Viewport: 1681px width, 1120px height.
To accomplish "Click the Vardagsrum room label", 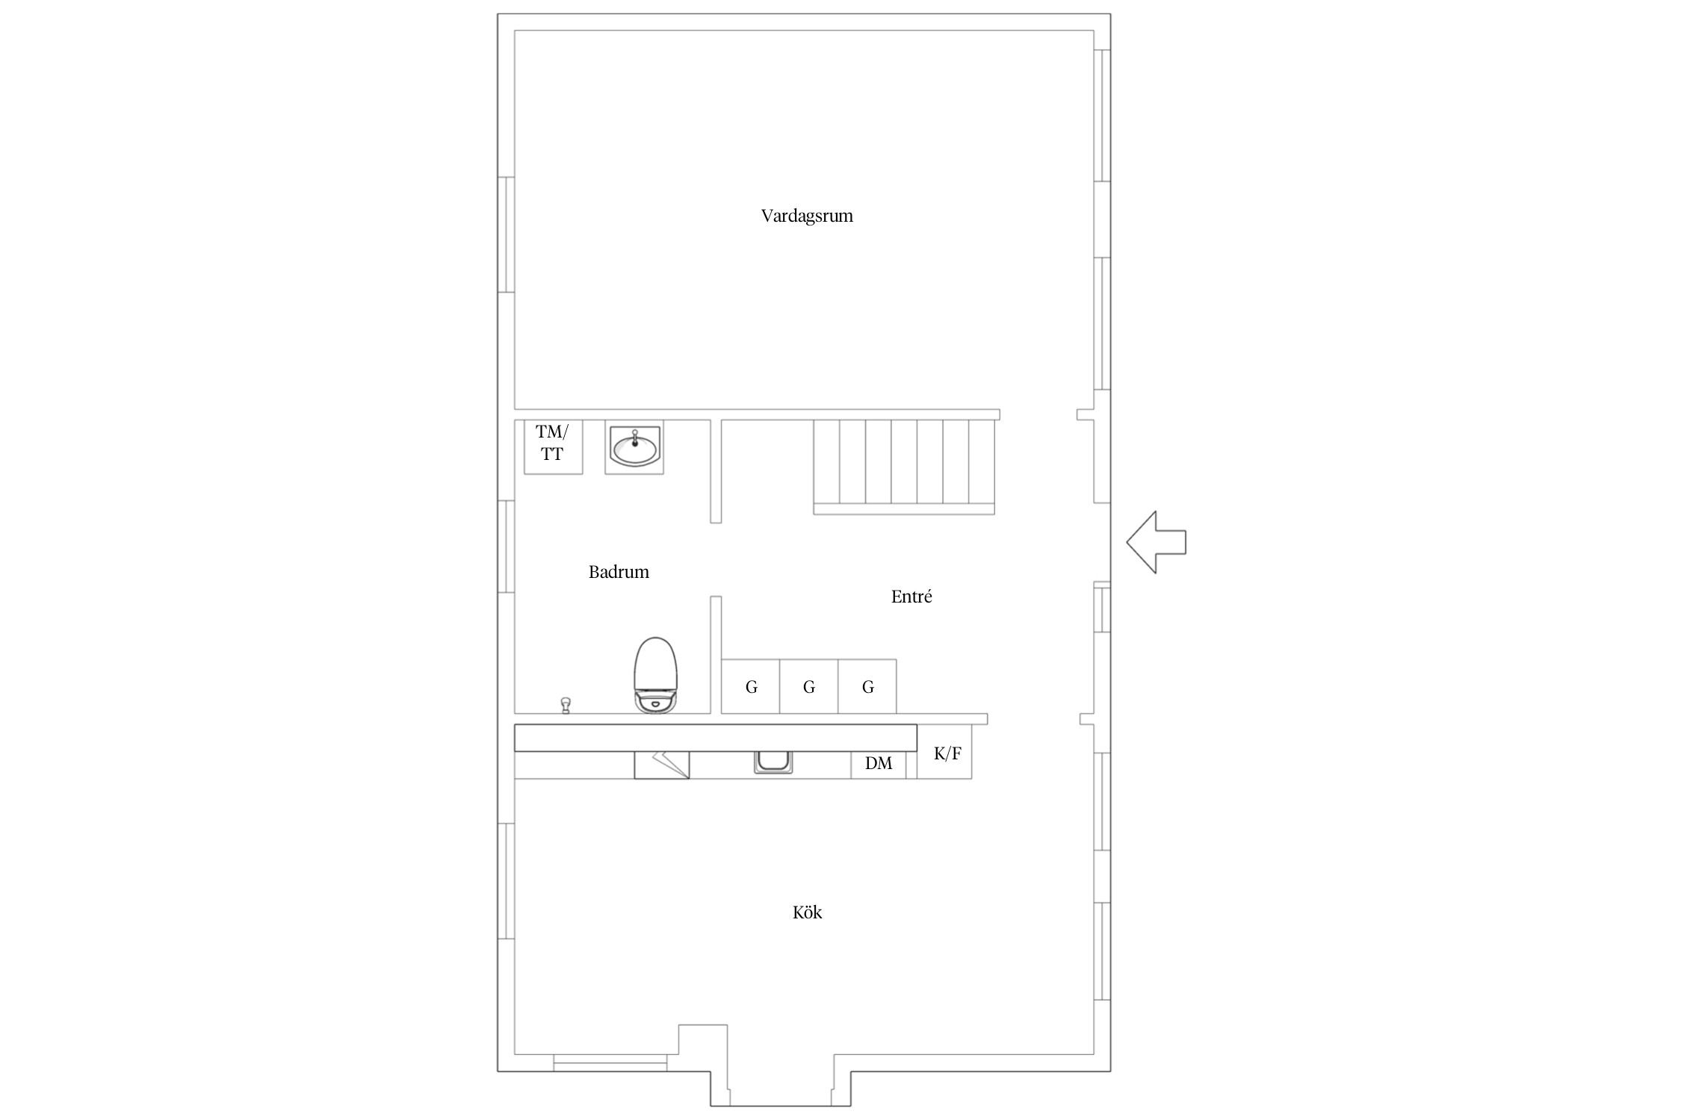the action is (x=807, y=216).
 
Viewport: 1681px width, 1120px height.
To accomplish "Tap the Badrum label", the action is (x=619, y=572).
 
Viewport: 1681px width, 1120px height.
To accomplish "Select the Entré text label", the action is (x=911, y=596).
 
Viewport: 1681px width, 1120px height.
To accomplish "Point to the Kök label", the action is (x=807, y=912).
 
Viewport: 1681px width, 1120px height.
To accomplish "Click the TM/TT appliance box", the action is (x=553, y=447).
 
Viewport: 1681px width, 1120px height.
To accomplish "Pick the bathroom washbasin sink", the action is (x=634, y=447).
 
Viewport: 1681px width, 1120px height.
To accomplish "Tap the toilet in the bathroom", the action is (x=655, y=674).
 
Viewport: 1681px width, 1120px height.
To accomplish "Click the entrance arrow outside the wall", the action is (x=1156, y=542).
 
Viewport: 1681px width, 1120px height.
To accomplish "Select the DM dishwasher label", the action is (x=879, y=763).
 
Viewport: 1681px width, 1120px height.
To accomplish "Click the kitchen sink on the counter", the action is (x=773, y=762).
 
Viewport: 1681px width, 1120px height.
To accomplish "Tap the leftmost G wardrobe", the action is (x=751, y=686).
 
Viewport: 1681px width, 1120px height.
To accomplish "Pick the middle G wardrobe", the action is (x=809, y=686).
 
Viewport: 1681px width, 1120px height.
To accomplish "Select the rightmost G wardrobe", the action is (x=867, y=686).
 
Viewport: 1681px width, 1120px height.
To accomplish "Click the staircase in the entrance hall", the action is (x=904, y=467).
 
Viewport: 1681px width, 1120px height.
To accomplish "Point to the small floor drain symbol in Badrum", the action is (x=566, y=705).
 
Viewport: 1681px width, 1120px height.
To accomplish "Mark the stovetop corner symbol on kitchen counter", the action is (x=662, y=765).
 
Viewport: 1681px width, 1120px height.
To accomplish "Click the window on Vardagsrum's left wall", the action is (x=507, y=234).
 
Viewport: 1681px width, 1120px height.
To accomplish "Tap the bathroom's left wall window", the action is (x=507, y=547).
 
